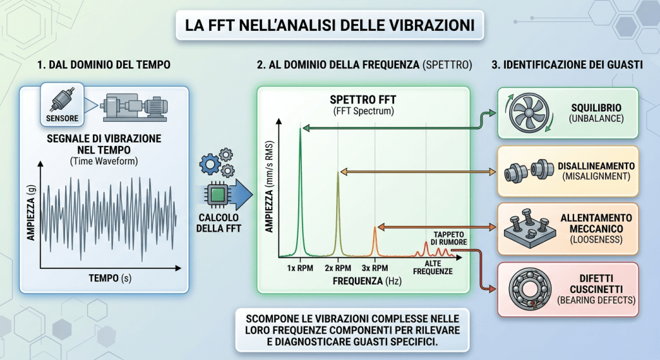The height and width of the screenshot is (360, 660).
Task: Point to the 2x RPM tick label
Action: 338,268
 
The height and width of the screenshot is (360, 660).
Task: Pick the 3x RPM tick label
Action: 376,268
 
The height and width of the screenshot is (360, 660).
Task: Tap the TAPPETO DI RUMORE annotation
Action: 444,237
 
